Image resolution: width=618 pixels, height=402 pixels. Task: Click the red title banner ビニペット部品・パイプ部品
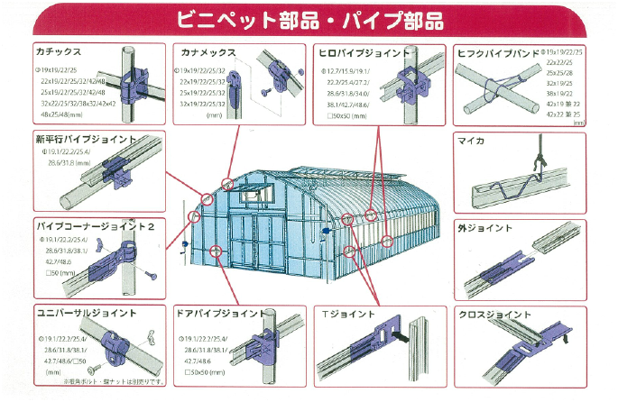coord(309,18)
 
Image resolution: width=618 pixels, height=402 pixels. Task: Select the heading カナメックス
coord(208,52)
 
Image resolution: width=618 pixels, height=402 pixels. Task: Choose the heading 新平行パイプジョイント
coord(87,141)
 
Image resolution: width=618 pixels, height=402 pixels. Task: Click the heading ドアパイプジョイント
coord(221,314)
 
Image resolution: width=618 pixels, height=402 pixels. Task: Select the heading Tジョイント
coord(346,314)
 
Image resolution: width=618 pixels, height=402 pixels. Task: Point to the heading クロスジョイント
coord(494,314)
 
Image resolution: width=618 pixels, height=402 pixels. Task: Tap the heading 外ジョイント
coord(479,228)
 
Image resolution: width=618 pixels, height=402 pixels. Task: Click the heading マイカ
coord(471,141)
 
